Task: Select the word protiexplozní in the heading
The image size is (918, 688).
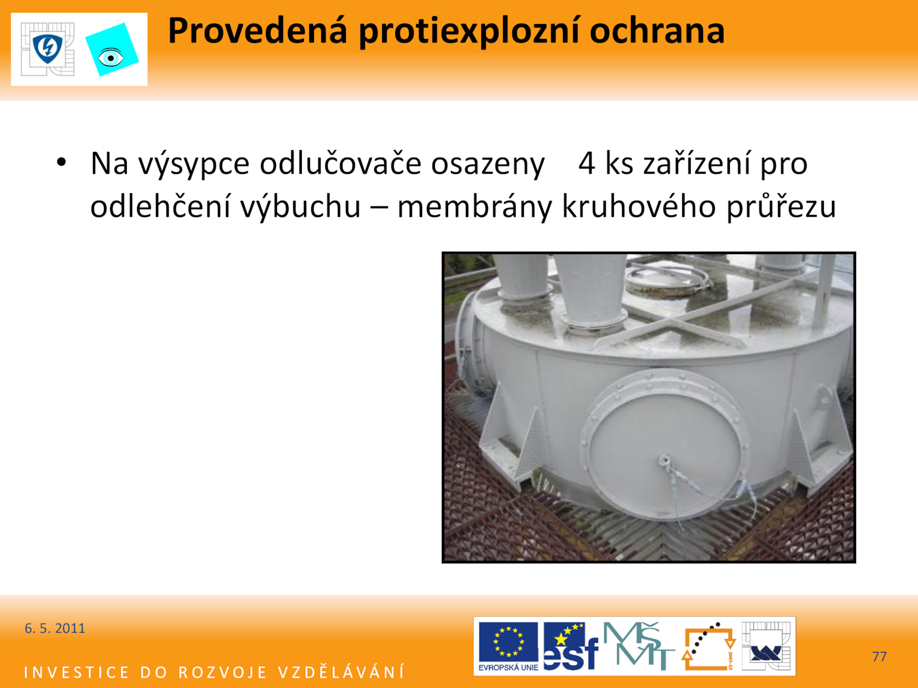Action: (x=469, y=32)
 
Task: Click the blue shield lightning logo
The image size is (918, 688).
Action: (x=48, y=49)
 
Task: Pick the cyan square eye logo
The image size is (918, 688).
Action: (x=112, y=50)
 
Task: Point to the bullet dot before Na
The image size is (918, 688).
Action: (x=61, y=162)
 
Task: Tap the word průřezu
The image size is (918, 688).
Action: (x=781, y=207)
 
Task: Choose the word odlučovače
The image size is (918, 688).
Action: (x=340, y=163)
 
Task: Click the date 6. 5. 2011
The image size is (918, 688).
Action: (x=55, y=628)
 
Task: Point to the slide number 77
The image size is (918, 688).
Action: (x=879, y=656)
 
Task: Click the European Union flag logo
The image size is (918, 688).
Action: (x=508, y=646)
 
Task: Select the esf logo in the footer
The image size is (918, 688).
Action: (x=570, y=646)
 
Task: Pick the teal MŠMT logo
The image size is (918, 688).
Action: (x=639, y=646)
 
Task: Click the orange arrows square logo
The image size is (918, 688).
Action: (x=709, y=646)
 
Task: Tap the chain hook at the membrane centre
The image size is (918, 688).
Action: (x=664, y=460)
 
